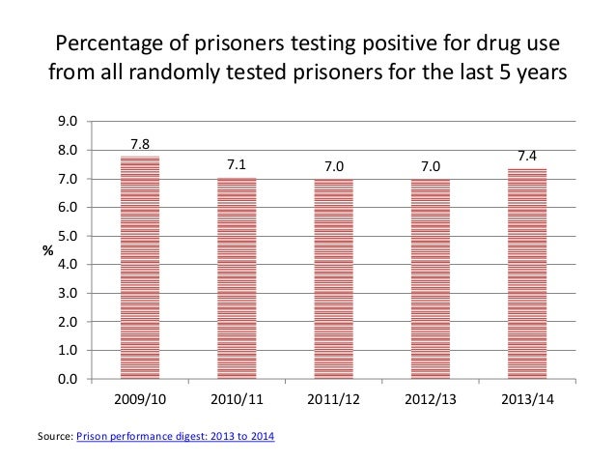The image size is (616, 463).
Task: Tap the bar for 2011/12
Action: pyautogui.click(x=334, y=279)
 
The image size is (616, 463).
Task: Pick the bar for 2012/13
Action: pyautogui.click(x=431, y=279)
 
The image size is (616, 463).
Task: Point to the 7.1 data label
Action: pyautogui.click(x=237, y=165)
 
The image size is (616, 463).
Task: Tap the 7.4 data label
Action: pyautogui.click(x=527, y=156)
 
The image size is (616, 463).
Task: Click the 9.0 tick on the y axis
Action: pyautogui.click(x=68, y=122)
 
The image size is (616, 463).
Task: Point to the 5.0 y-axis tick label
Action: pyautogui.click(x=68, y=236)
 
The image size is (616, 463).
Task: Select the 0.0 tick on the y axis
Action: pyautogui.click(x=68, y=379)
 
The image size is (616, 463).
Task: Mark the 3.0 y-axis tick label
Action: pyautogui.click(x=68, y=293)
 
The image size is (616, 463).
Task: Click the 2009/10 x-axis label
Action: pyautogui.click(x=140, y=399)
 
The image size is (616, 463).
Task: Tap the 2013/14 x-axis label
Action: pyautogui.click(x=527, y=399)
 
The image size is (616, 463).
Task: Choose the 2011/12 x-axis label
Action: pyautogui.click(x=334, y=399)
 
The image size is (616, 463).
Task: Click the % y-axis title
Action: pyautogui.click(x=45, y=251)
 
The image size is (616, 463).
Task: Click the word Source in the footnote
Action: pyautogui.click(x=54, y=438)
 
